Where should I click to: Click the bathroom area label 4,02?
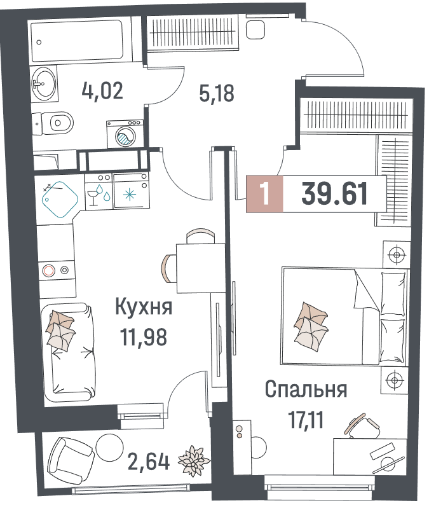pos(102,91)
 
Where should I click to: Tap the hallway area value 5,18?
pos(217,93)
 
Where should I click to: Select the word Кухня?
pos(144,307)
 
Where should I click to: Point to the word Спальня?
pos(306,389)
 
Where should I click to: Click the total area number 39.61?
pos(334,194)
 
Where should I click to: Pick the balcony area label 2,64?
pos(149,461)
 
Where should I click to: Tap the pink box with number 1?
pos(264,194)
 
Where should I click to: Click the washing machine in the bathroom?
pos(125,134)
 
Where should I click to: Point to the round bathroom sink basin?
pos(43,81)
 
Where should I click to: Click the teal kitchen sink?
pos(60,200)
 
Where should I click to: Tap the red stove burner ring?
pos(49,270)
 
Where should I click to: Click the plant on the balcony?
pos(194,460)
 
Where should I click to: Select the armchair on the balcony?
pos(71,459)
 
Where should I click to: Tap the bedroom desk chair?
pos(363,427)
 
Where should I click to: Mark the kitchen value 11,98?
pos(144,337)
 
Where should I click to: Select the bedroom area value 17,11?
pos(306,420)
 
